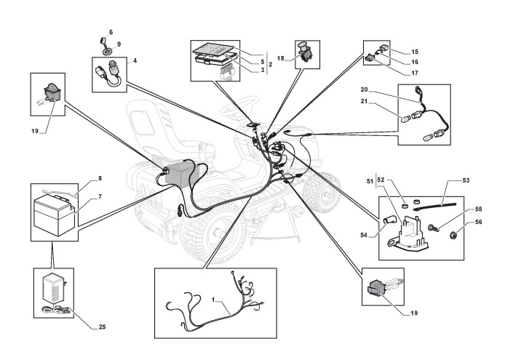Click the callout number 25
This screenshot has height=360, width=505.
point(102,327)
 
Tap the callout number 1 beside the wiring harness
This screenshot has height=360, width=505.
point(213,300)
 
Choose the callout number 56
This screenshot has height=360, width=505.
point(478,223)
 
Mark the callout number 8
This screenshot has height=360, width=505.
point(99,178)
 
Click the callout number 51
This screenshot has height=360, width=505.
point(369,180)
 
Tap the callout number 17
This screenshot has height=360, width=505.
point(415,73)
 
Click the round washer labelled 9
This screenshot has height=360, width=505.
point(107,51)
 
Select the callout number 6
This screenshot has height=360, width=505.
point(111,33)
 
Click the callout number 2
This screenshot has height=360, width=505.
point(270,64)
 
